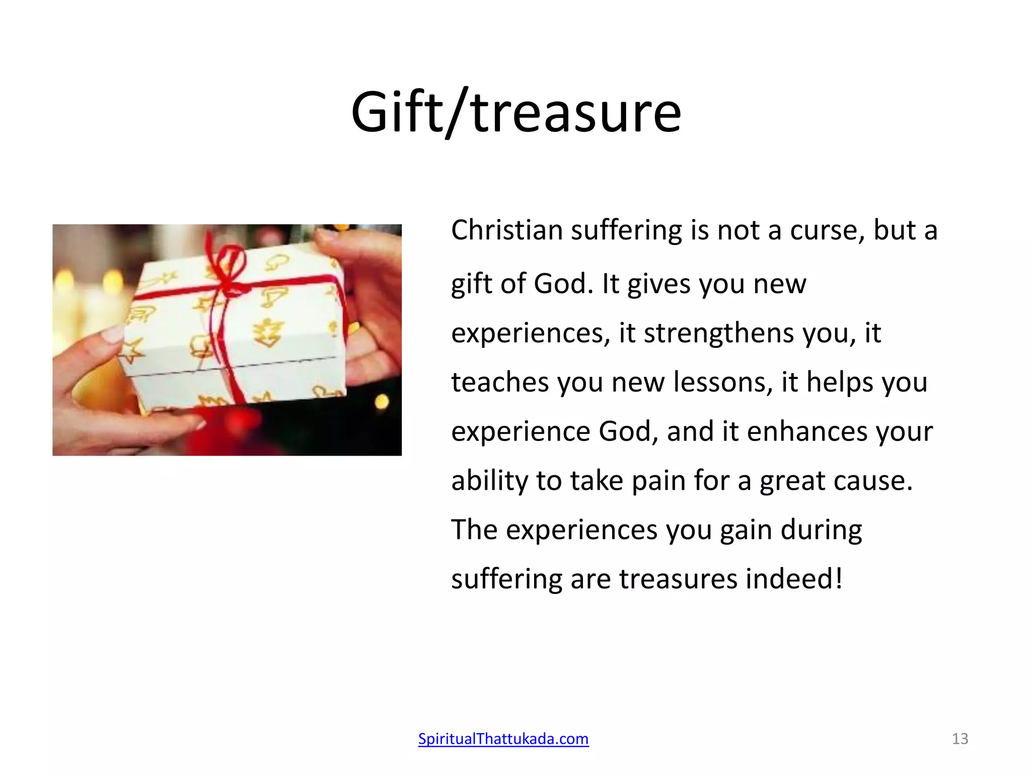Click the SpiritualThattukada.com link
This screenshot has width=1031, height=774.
click(x=503, y=739)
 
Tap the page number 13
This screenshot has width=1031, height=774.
click(x=960, y=739)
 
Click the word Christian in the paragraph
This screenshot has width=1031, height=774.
click(x=506, y=230)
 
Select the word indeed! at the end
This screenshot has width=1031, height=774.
click(x=794, y=578)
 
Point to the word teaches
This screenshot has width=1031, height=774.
click(x=499, y=382)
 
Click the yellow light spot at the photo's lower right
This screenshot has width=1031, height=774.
click(x=382, y=402)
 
